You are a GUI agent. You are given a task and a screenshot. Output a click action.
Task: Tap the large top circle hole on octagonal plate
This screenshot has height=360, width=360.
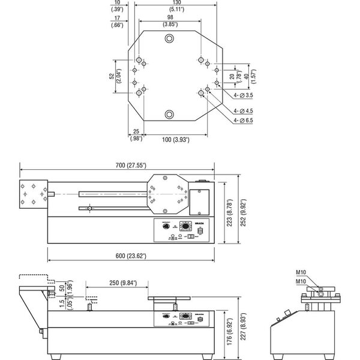[170, 39]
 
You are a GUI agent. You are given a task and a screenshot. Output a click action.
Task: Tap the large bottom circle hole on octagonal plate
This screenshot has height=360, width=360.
[170, 114]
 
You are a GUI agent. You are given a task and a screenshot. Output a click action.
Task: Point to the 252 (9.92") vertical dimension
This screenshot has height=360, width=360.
[241, 211]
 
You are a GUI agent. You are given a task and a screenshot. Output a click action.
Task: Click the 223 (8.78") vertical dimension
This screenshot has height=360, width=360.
[230, 211]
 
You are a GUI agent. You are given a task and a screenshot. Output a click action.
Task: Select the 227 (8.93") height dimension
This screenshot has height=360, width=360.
[241, 328]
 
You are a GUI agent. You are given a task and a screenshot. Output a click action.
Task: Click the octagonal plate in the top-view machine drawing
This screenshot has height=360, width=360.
[169, 194]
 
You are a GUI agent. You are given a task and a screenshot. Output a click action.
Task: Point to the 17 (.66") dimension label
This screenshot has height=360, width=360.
[118, 21]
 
